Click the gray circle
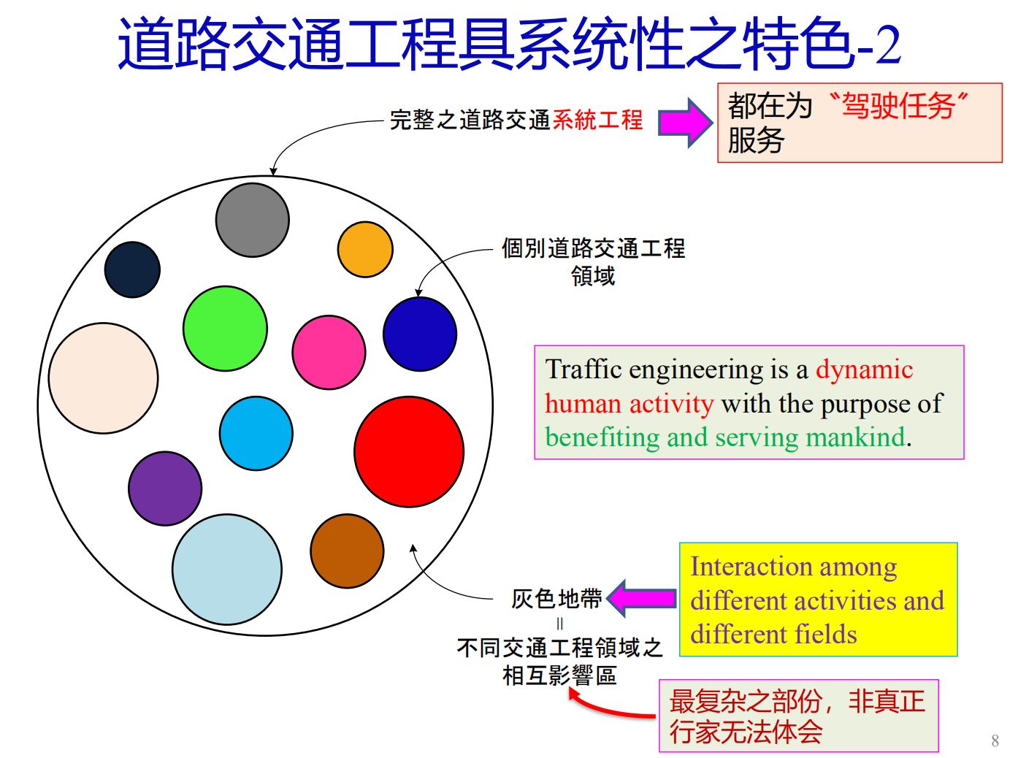(252, 220)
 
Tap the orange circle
(365, 249)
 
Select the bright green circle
(225, 329)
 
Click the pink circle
(329, 352)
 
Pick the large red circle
(408, 452)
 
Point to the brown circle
(347, 551)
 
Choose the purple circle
(165, 488)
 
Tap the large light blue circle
(226, 570)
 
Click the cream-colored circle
(103, 378)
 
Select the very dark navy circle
(132, 269)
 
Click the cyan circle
(256, 434)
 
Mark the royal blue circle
(419, 334)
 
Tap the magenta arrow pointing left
(640, 598)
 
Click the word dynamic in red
(864, 370)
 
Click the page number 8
(995, 740)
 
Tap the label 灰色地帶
(556, 599)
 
